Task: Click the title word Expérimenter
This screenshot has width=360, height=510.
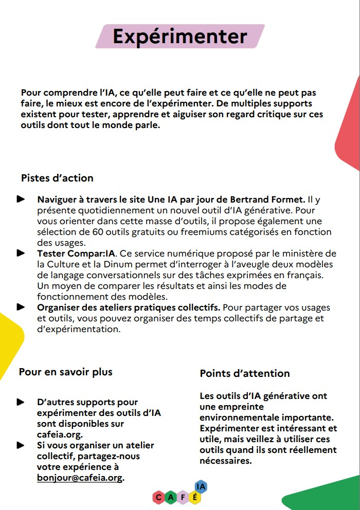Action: (x=180, y=37)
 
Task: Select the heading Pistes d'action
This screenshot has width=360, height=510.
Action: (x=57, y=178)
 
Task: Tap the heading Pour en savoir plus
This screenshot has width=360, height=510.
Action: (x=65, y=372)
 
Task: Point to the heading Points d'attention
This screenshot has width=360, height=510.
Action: (x=245, y=374)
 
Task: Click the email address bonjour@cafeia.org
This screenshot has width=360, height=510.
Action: (x=80, y=478)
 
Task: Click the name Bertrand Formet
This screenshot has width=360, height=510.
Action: (x=273, y=199)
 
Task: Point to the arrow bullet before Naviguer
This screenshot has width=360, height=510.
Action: (x=21, y=198)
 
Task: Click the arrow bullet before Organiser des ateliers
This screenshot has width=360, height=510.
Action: (x=21, y=307)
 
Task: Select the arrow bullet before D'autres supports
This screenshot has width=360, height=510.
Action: (x=21, y=402)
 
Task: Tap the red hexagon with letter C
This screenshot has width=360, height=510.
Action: (x=159, y=497)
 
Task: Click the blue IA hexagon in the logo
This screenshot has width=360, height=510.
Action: (x=201, y=486)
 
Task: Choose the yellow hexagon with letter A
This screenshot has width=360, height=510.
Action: (x=171, y=497)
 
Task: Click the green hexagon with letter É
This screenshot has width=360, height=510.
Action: (x=195, y=497)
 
